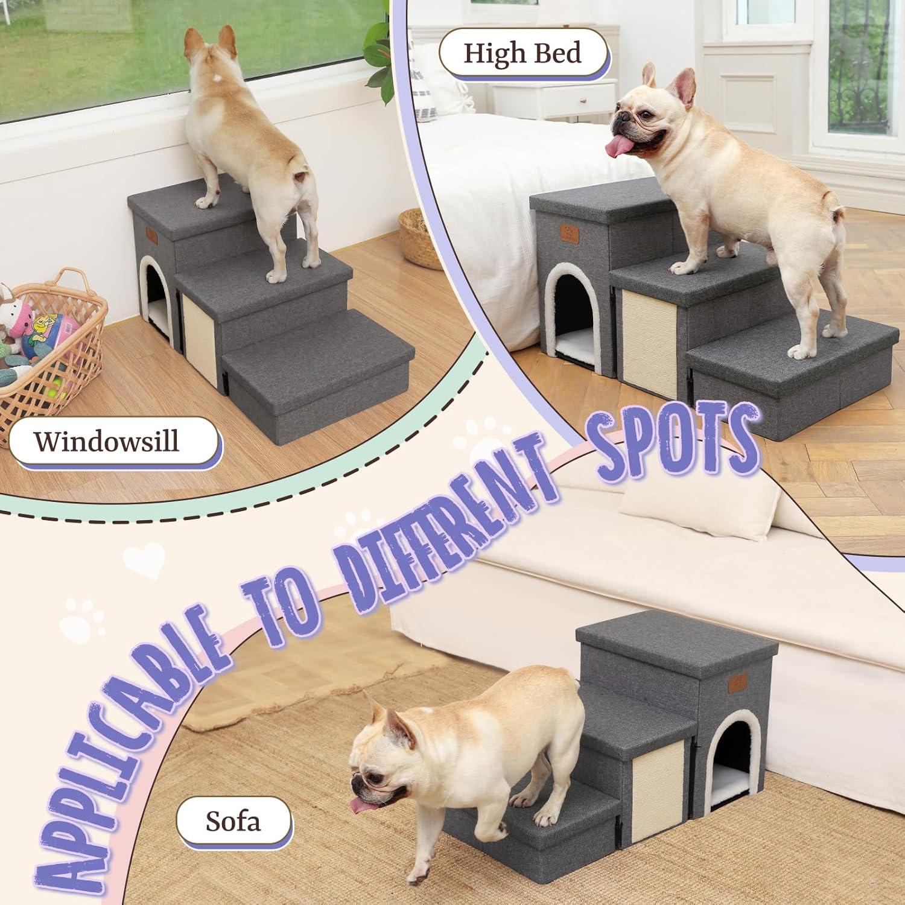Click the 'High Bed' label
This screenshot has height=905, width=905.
522,53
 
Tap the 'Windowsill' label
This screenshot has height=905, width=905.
107,441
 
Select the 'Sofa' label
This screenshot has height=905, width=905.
233,821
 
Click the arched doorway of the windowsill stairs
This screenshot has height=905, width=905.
156,293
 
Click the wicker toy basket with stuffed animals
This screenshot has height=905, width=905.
48,347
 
